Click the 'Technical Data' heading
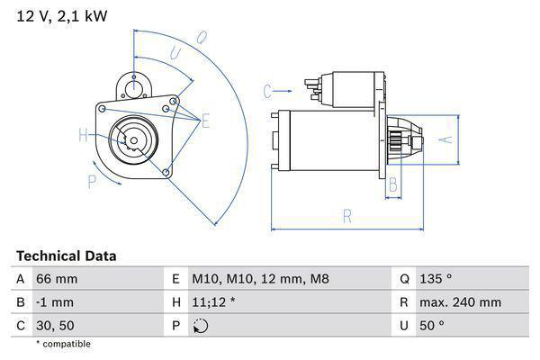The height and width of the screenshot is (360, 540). [x=67, y=256]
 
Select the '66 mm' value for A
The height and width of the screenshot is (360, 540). [x=55, y=280]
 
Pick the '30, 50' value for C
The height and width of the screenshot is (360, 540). [x=54, y=325]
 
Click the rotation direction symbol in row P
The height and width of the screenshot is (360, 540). [x=200, y=326]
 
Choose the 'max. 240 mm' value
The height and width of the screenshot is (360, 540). [x=463, y=302]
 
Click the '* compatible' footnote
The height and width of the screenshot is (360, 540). [x=64, y=344]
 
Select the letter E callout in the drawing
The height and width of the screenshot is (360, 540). [x=205, y=120]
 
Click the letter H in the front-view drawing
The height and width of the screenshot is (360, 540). [x=83, y=135]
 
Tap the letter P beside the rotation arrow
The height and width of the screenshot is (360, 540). [x=92, y=181]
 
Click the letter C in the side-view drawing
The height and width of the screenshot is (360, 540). [x=267, y=90]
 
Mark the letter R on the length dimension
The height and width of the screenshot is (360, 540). [x=347, y=215]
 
